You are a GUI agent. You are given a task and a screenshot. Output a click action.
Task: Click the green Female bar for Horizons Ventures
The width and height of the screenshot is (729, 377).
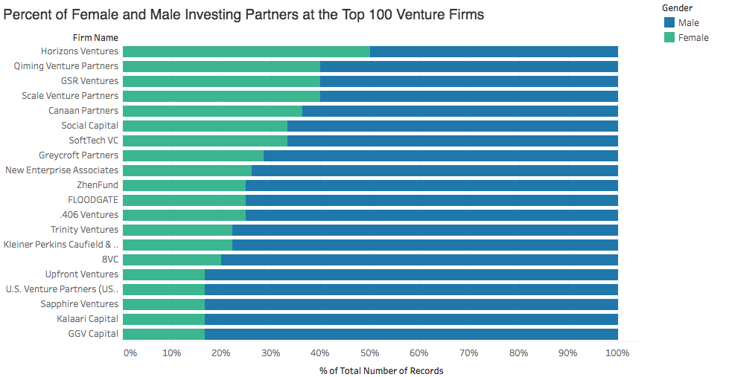click(x=246, y=51)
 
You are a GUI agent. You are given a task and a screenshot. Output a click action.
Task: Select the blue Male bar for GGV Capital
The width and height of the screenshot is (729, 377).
click(x=411, y=334)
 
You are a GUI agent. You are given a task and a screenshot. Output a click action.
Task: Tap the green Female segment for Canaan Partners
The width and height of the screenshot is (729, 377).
click(x=212, y=111)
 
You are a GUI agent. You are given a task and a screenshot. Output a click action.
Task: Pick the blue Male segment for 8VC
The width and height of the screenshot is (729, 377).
click(x=419, y=260)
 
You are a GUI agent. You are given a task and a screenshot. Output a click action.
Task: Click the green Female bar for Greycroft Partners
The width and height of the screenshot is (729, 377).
click(x=193, y=155)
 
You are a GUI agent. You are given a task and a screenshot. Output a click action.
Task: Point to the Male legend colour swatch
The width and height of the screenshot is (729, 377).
click(x=668, y=23)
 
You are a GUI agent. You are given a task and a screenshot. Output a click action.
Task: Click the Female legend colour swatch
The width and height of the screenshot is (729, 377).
click(x=668, y=37)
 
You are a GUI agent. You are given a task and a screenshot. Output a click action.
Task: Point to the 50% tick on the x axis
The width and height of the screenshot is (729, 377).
click(x=370, y=352)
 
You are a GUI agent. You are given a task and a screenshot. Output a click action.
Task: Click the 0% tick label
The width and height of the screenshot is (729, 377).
click(x=130, y=352)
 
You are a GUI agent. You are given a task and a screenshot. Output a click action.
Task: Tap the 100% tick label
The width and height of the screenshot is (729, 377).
click(x=618, y=352)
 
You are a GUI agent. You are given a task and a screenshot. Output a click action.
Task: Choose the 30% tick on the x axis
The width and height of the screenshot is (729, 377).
click(x=271, y=352)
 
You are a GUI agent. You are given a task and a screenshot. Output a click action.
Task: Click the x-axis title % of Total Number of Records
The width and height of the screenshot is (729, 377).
click(x=381, y=370)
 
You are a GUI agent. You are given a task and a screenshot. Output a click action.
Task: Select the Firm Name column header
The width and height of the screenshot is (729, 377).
click(x=95, y=37)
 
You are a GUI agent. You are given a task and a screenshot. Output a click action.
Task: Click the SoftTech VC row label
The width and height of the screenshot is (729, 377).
click(x=93, y=141)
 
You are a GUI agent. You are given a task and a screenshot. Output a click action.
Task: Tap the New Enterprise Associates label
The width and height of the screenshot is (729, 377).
click(x=62, y=170)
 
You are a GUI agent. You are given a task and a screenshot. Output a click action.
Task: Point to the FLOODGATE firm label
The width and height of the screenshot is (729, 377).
click(x=93, y=200)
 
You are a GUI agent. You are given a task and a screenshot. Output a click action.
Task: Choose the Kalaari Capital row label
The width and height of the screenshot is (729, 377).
click(x=87, y=319)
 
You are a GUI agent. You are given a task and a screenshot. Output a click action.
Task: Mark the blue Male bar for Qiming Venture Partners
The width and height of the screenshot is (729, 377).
click(x=469, y=66)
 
